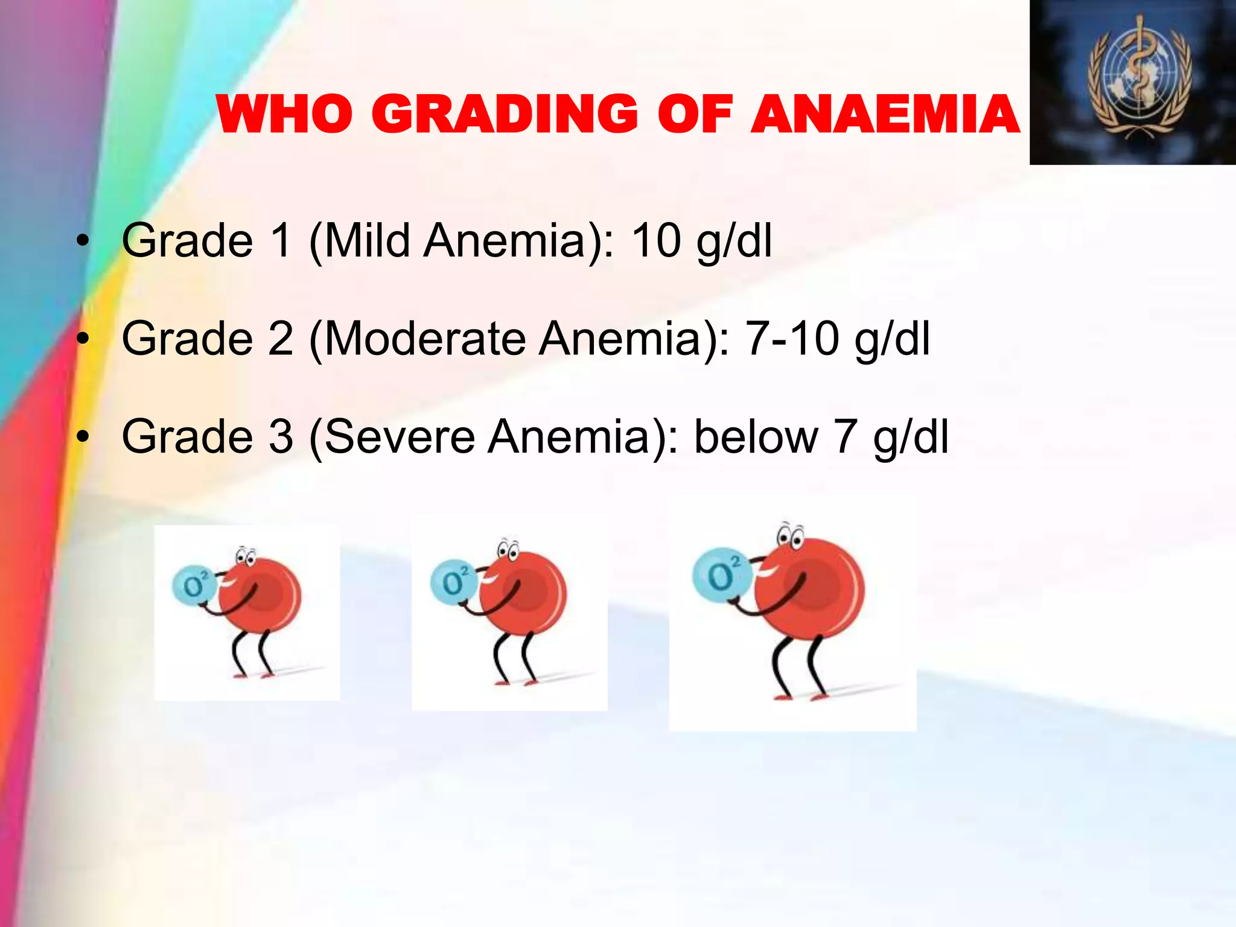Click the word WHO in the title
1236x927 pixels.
284,115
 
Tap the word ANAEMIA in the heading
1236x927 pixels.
885,115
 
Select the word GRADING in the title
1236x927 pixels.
505,115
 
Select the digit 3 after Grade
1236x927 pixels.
281,436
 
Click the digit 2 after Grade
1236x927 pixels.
281,338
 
